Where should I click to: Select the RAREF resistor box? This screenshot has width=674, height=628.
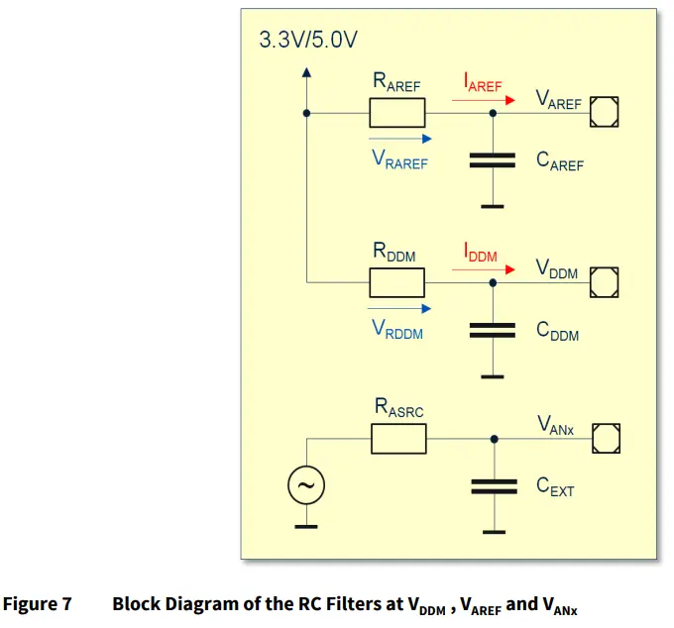(x=397, y=113)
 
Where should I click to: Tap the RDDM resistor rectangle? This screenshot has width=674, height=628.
(x=397, y=283)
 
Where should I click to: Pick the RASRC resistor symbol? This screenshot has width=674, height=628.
(x=397, y=438)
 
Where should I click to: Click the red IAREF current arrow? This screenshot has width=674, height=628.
(x=490, y=99)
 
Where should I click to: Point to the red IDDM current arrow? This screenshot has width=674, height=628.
(x=490, y=269)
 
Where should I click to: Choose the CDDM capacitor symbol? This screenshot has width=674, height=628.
(x=494, y=330)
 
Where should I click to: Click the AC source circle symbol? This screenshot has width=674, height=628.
(x=306, y=485)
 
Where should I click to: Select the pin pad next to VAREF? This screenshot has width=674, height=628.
(x=605, y=113)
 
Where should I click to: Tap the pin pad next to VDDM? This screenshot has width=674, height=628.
(x=605, y=283)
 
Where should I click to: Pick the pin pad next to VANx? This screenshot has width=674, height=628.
(x=605, y=438)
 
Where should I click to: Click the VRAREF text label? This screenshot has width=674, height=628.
(x=399, y=159)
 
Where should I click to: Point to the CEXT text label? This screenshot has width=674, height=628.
(x=554, y=486)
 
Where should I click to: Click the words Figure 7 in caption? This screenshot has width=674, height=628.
(x=37, y=603)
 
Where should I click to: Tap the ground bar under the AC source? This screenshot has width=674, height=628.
(x=306, y=526)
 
